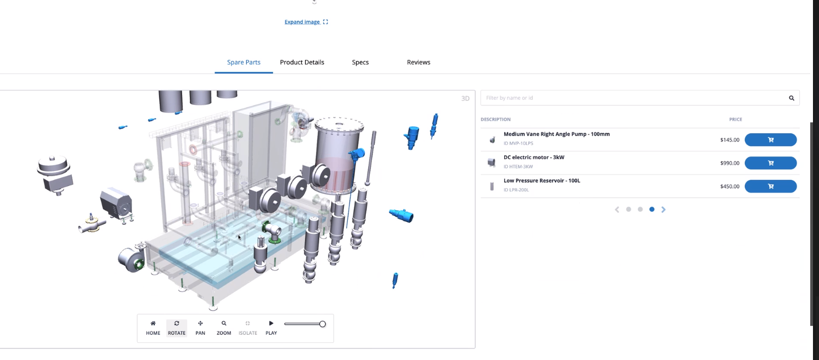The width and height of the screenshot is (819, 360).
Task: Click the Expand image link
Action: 306,22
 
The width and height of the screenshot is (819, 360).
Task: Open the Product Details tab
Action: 302,62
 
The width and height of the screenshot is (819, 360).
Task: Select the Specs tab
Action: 360,62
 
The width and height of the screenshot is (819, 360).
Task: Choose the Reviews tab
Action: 419,62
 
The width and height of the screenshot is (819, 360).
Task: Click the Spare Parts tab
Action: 244,62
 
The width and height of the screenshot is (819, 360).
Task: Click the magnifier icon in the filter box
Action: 792,98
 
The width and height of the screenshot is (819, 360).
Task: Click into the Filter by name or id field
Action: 634,98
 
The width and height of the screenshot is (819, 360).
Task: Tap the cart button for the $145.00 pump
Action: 771,140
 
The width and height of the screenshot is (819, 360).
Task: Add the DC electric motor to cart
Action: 771,163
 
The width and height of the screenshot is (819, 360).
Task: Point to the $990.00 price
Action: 730,163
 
